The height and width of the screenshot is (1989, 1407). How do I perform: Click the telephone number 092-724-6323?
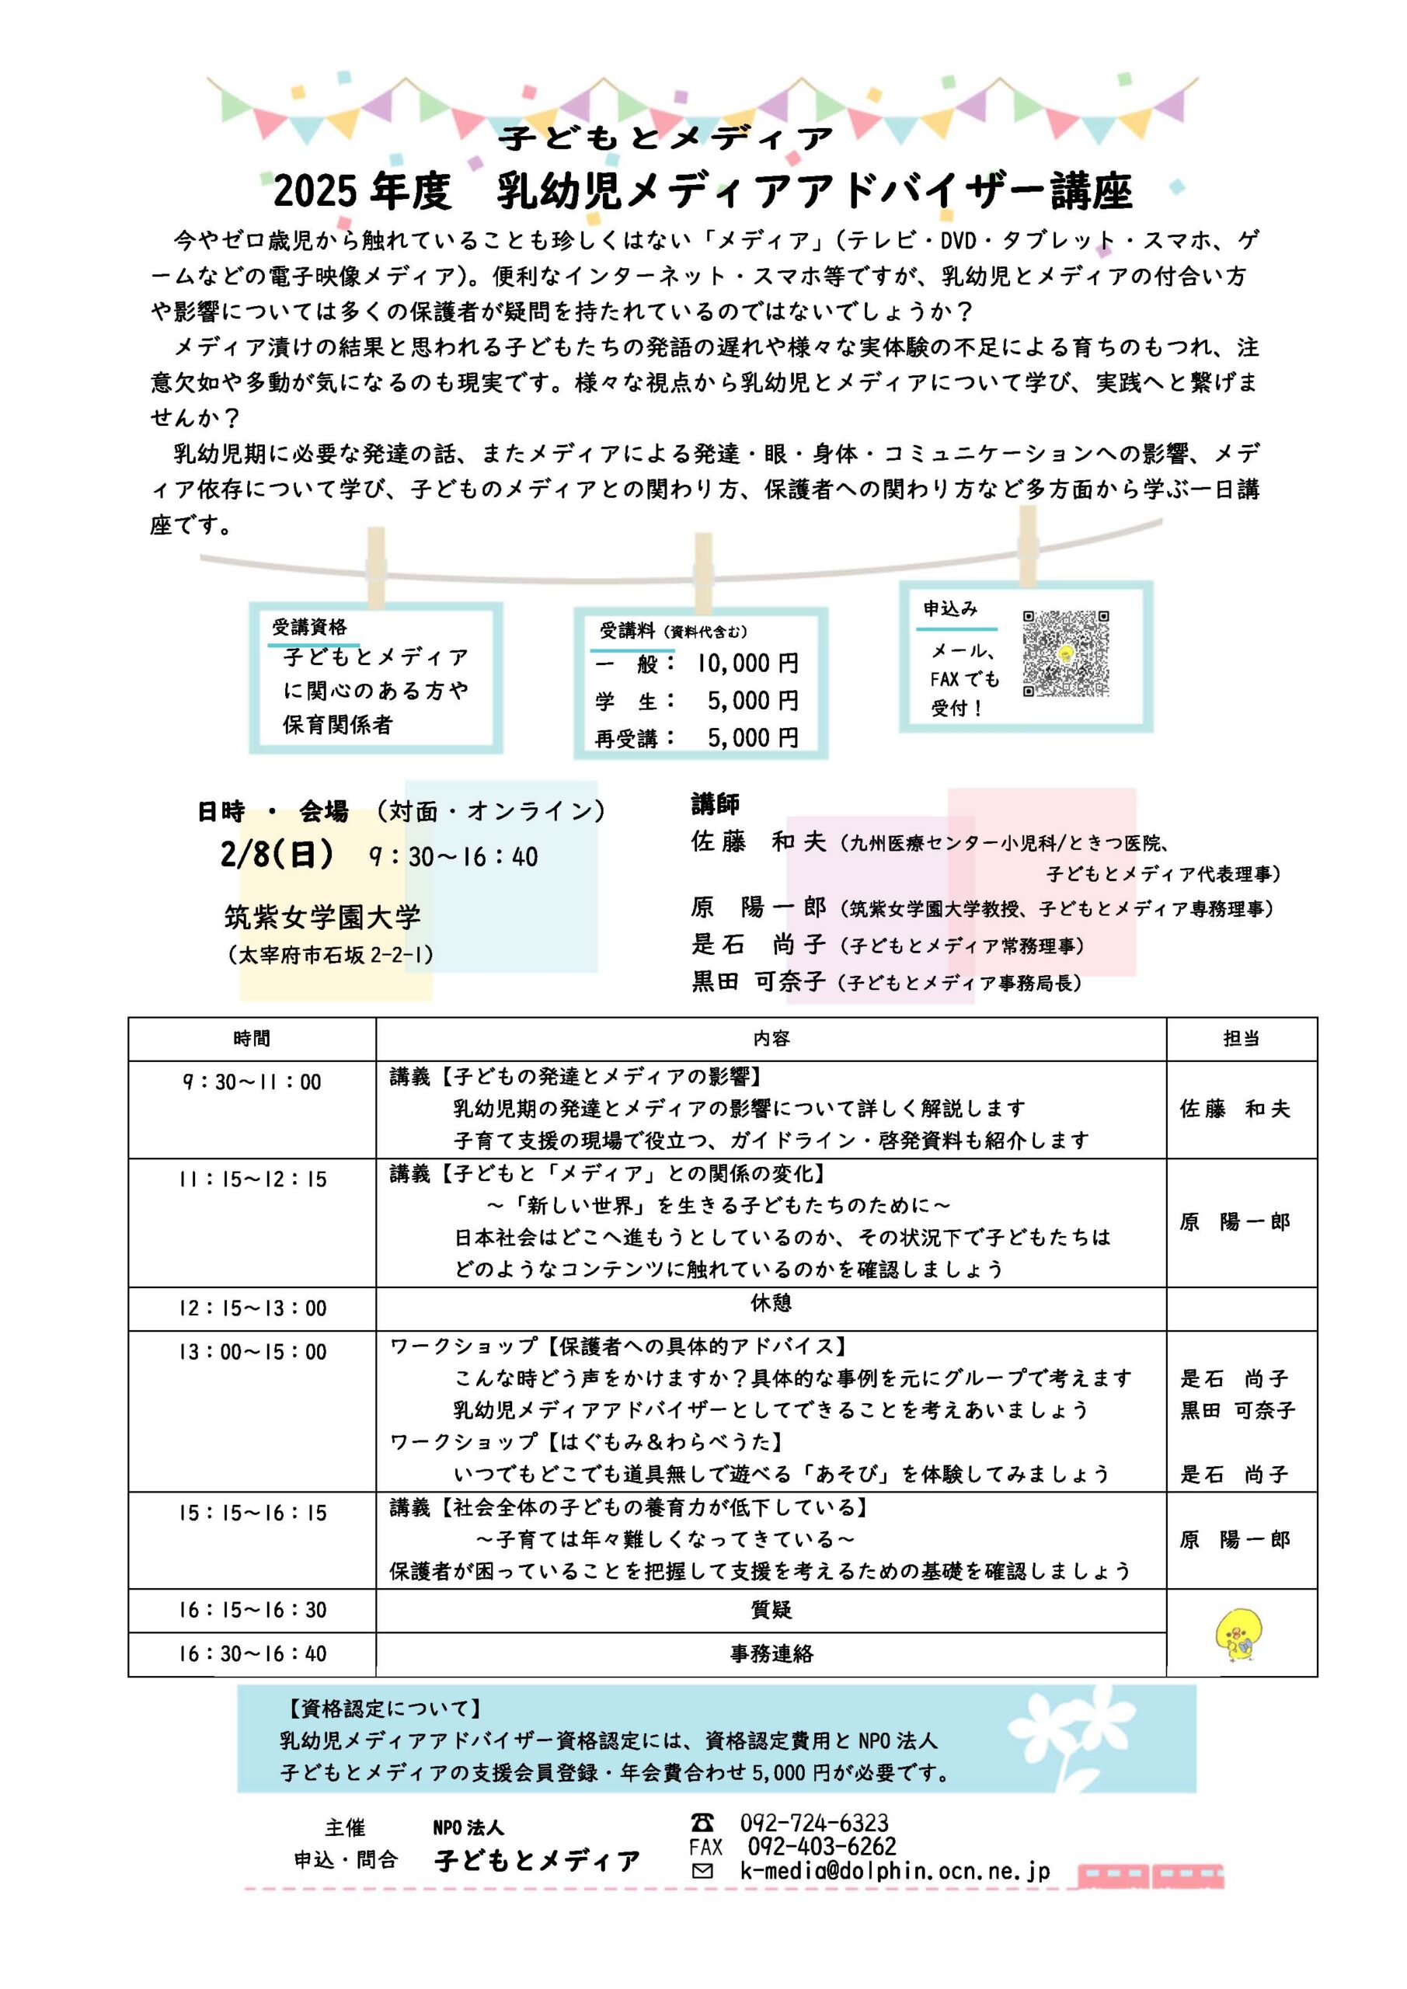point(813,1824)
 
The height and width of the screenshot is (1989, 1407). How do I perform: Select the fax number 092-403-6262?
point(821,1846)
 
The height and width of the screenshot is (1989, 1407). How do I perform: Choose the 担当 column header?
point(1241,1039)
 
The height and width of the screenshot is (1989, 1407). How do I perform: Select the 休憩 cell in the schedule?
point(770,1303)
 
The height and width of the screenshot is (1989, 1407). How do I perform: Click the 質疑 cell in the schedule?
point(770,1610)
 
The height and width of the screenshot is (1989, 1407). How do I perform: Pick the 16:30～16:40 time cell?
point(252,1654)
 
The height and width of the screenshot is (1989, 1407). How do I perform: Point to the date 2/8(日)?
point(277,855)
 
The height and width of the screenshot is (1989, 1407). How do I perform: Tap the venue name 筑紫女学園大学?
point(322,917)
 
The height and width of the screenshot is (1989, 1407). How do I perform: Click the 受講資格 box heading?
point(309,626)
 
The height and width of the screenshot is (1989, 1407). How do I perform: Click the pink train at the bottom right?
point(1151,1876)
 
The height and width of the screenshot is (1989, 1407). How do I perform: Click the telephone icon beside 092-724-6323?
point(702,1823)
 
